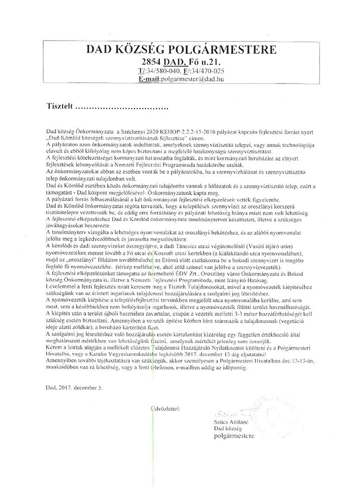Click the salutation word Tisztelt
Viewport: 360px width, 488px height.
pos(59,105)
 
